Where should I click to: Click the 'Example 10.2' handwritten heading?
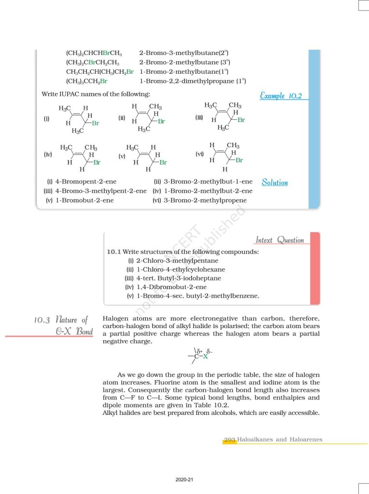tap(281, 96)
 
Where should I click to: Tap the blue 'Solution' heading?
tap(274, 182)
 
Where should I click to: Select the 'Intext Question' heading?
tap(280, 240)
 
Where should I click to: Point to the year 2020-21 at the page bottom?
tap(184, 480)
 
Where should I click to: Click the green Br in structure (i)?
tap(96, 123)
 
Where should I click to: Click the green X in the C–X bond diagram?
tap(205, 356)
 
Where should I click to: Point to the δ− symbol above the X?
tap(209, 351)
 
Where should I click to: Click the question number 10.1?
tap(114, 251)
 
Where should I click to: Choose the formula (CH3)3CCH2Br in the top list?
tap(86, 81)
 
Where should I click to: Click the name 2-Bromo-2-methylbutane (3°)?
tap(184, 62)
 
